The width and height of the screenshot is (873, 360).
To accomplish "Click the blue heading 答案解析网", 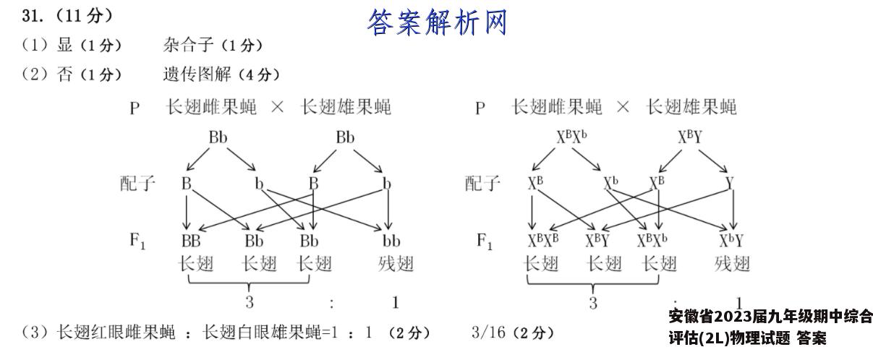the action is point(437,22).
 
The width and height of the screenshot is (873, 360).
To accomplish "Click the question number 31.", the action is point(33,16).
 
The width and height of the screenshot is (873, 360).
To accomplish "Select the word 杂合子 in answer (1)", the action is point(189,46).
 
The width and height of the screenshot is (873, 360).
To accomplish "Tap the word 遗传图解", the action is point(197,74).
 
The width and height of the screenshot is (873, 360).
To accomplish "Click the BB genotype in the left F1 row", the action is point(191,241).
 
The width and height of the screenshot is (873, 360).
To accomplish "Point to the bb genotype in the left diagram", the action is point(391,241).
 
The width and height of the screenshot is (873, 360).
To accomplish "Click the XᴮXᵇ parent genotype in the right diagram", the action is point(571,137).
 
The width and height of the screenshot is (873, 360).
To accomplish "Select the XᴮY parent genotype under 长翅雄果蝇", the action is point(690,137).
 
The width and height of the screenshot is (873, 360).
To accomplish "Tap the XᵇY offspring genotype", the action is point(731,241).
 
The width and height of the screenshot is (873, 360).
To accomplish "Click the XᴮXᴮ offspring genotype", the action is point(543,241).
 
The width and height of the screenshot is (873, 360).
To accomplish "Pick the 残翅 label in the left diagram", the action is point(396,264).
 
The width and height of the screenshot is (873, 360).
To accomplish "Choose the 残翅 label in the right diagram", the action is point(732,264).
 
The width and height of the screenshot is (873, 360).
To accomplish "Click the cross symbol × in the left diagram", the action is point(277,106).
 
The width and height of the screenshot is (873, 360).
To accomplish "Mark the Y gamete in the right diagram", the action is point(730,183).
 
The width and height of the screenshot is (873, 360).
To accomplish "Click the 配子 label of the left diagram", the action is point(137,183).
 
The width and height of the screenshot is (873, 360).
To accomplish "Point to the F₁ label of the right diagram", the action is point(485,241).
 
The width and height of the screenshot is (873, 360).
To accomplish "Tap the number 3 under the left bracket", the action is point(250,302).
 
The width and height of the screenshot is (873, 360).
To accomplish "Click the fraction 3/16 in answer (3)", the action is point(488,333).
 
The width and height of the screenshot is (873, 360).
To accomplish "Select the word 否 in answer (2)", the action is point(64,74).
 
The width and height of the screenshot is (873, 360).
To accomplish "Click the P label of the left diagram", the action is point(135,108).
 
